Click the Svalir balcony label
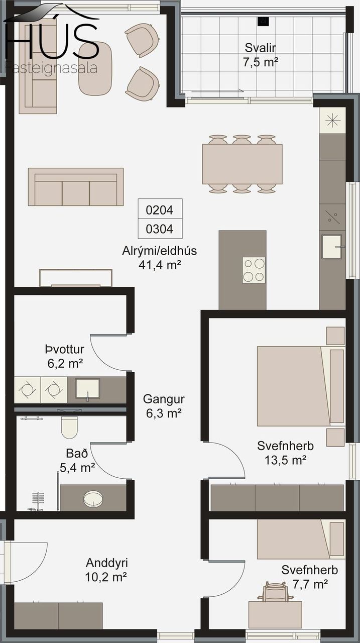pyautogui.click(x=260, y=48)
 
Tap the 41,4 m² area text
pyautogui.click(x=160, y=265)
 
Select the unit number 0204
pyautogui.click(x=160, y=210)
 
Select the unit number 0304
pyautogui.click(x=160, y=229)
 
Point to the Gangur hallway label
pyautogui.click(x=164, y=399)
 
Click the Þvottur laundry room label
pyautogui.click(x=65, y=349)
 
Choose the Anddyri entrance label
pyautogui.click(x=107, y=563)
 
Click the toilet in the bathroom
pyautogui.click(x=69, y=427)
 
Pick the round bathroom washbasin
pyautogui.click(x=93, y=498)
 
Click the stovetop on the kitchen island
pyautogui.click(x=254, y=270)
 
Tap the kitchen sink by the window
pyautogui.click(x=331, y=247)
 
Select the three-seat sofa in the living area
pyautogui.click(x=76, y=187)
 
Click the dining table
pyautogui.click(x=242, y=164)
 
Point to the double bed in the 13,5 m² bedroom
pyautogui.click(x=301, y=386)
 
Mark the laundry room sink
pyautogui.click(x=87, y=389)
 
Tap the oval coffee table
pyautogui.click(x=95, y=68)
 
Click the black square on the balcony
pyautogui.click(x=263, y=22)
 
